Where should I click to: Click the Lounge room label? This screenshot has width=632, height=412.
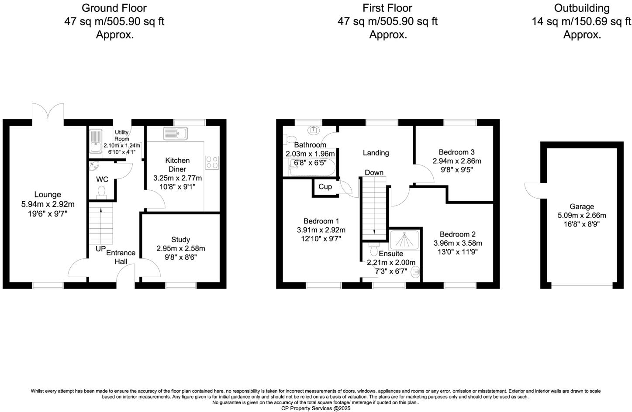point(48,195)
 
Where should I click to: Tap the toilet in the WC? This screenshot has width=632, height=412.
point(102,192)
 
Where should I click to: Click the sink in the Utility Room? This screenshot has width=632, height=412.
point(95,141)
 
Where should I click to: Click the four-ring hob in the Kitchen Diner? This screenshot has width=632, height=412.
point(212,162)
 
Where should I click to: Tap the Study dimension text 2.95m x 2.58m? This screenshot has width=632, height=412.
point(180,248)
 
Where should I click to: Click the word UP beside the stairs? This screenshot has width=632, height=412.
point(100,249)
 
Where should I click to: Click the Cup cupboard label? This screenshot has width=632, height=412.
point(325,187)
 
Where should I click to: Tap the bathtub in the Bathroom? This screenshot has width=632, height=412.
point(312,168)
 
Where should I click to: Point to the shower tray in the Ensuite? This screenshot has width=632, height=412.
point(404,239)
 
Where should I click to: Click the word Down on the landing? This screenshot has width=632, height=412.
point(374,172)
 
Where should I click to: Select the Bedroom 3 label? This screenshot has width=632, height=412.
point(456,152)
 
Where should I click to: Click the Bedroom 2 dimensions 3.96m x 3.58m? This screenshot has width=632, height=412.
point(458,243)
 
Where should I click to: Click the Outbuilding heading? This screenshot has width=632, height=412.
point(581,8)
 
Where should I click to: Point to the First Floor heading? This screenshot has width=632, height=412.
point(387,8)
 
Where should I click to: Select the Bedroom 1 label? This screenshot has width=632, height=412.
point(321,221)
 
